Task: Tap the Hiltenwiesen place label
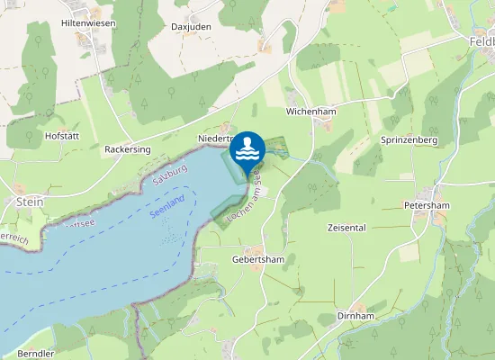(87, 22)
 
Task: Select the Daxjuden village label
(191, 27)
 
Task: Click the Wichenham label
(310, 112)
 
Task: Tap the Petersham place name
(425, 205)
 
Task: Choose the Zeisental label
(347, 228)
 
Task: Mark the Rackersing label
(128, 148)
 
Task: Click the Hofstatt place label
(63, 136)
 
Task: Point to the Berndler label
(36, 354)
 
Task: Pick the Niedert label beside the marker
(213, 139)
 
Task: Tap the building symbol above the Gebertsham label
(256, 249)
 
